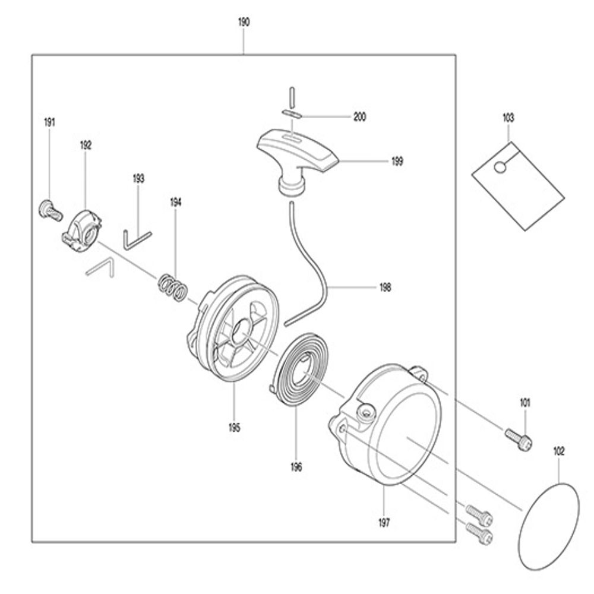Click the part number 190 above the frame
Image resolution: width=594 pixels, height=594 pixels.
pyautogui.click(x=244, y=23)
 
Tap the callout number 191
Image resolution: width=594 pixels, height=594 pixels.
pyautogui.click(x=50, y=122)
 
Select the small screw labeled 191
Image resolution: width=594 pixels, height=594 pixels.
pyautogui.click(x=50, y=210)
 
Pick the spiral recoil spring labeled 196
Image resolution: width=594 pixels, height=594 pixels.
pyautogui.click(x=299, y=371)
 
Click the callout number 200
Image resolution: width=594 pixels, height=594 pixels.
pyautogui.click(x=359, y=117)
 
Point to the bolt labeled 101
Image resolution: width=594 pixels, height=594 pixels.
pyautogui.click(x=518, y=439)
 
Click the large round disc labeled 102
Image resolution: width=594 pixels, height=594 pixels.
pyautogui.click(x=548, y=526)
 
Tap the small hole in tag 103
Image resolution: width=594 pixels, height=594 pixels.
pyautogui.click(x=500, y=167)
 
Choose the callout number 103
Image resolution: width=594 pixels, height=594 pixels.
pyautogui.click(x=508, y=118)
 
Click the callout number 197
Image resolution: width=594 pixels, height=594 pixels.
pyautogui.click(x=384, y=523)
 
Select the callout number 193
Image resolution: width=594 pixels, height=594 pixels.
pyautogui.click(x=138, y=178)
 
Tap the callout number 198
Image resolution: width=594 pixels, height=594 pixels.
pyautogui.click(x=386, y=287)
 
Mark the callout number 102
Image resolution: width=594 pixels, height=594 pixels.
pyautogui.click(x=559, y=451)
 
